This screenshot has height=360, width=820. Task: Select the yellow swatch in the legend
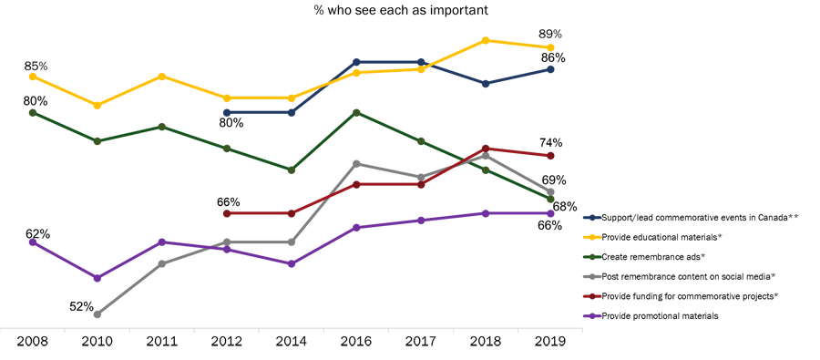(x=583, y=238)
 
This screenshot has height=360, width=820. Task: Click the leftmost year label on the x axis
(x=32, y=339)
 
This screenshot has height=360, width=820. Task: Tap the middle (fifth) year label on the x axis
(x=291, y=339)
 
